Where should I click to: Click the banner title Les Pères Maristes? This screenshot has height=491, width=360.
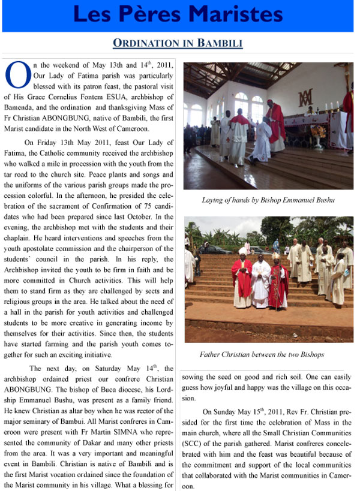click(x=178, y=16)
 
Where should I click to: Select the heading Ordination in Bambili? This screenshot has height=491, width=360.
click(x=178, y=44)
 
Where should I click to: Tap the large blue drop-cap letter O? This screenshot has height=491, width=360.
click(x=17, y=74)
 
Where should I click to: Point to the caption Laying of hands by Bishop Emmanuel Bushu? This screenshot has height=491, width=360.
click(x=268, y=200)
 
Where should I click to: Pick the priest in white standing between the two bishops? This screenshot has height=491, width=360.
click(x=261, y=282)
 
